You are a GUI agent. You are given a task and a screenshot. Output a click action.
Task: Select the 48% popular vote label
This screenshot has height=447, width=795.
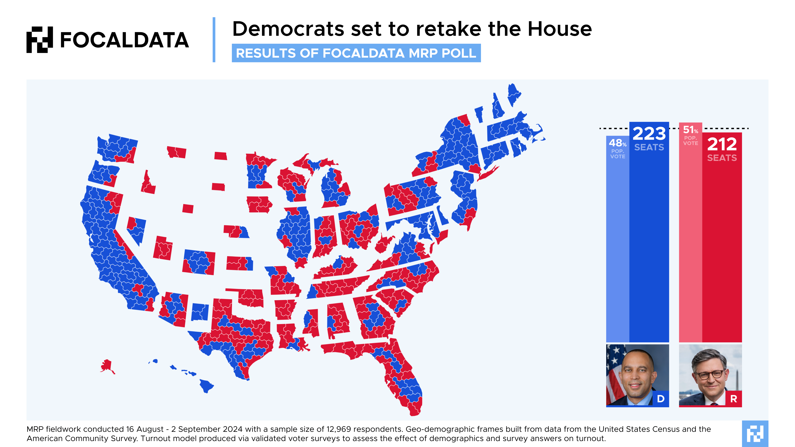pyautogui.click(x=618, y=143)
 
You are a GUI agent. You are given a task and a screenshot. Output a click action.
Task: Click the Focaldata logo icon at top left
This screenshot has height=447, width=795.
pyautogui.click(x=40, y=40)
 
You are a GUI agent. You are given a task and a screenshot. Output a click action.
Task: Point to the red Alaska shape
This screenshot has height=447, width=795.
pyautogui.click(x=107, y=366)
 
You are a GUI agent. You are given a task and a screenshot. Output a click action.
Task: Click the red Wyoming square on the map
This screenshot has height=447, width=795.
pyautogui.click(x=188, y=209)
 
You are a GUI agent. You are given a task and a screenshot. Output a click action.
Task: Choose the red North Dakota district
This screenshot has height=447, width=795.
pyautogui.click(x=220, y=156)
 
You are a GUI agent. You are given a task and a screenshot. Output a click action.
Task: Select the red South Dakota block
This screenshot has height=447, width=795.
pyautogui.click(x=218, y=187)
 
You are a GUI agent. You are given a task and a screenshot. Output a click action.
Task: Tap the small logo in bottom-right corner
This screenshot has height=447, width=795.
pyautogui.click(x=755, y=433)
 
